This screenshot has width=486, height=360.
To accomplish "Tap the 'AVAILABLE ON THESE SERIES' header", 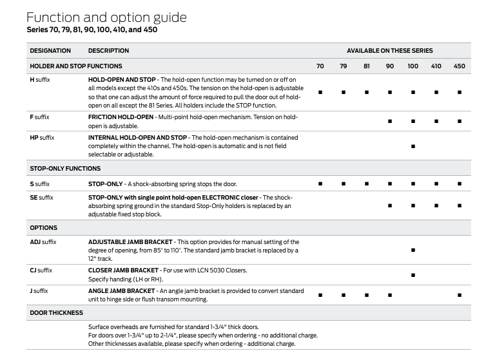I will pyautogui.click(x=389, y=50).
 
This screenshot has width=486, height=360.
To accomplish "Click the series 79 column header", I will pyautogui.click(x=344, y=66).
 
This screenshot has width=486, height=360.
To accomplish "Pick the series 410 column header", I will pyautogui.click(x=436, y=66).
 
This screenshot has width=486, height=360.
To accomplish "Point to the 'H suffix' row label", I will pyautogui.click(x=40, y=79).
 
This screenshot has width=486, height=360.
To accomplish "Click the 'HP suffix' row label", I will pyautogui.click(x=43, y=137).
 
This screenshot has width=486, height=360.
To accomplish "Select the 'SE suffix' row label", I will pyautogui.click(x=42, y=197).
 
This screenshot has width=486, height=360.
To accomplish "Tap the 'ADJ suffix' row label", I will pyautogui.click(x=44, y=242).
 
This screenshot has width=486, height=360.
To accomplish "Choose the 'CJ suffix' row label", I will pyautogui.click(x=41, y=270).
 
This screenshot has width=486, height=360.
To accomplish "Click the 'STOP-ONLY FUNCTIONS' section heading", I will pyautogui.click(x=65, y=169).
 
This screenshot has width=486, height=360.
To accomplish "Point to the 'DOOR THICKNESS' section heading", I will pyautogui.click(x=57, y=313).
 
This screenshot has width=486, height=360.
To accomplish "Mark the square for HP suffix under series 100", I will pyautogui.click(x=413, y=146).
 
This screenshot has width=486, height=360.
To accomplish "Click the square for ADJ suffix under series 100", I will pyautogui.click(x=413, y=250).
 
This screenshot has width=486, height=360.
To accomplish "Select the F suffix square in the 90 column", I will pyautogui.click(x=390, y=121).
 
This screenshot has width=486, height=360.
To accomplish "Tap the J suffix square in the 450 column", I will pyautogui.click(x=459, y=295).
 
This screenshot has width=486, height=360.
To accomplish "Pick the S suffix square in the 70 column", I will pyautogui.click(x=320, y=184).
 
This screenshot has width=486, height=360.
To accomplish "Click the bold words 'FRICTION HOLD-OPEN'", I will pyautogui.click(x=121, y=117).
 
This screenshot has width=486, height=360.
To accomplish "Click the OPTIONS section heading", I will pyautogui.click(x=44, y=227).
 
